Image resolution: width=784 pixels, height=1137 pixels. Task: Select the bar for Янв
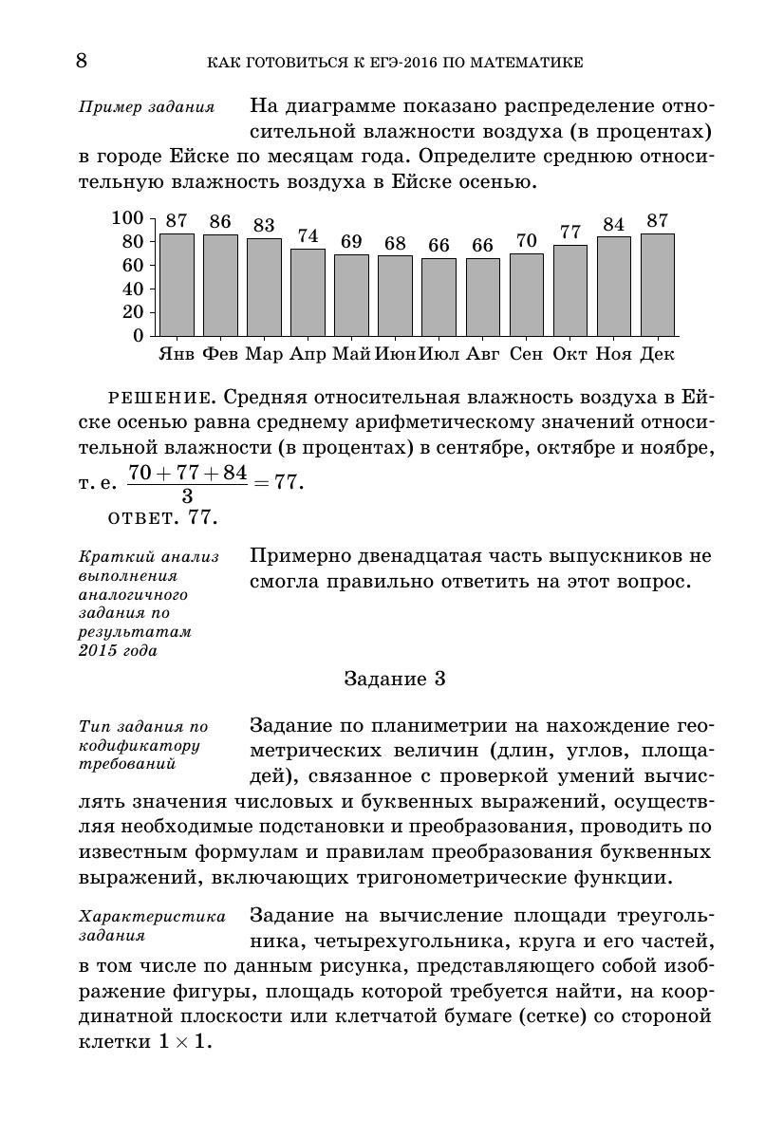click(177, 285)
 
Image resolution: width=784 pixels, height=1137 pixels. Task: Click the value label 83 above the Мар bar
click(264, 226)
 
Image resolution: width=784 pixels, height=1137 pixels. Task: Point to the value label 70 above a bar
click(527, 241)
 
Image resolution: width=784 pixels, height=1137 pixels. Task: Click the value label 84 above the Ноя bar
click(614, 225)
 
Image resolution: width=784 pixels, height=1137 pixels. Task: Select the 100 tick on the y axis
click(127, 218)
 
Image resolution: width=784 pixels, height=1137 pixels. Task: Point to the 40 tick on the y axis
click(133, 289)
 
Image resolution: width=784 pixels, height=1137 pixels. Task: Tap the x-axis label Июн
click(395, 355)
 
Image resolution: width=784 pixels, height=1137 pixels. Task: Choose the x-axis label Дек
click(658, 355)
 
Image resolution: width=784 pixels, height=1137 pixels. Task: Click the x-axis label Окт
click(570, 355)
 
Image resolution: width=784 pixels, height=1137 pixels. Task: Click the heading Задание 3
click(394, 679)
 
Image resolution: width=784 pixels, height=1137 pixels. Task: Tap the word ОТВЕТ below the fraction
click(143, 518)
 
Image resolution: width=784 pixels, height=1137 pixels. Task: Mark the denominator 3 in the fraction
click(187, 495)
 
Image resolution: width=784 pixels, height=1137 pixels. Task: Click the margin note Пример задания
click(146, 106)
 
